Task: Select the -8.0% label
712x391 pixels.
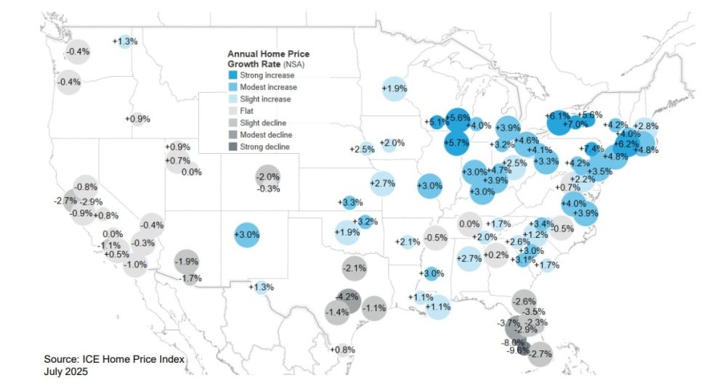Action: click(x=512, y=342)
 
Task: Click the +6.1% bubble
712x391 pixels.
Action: click(x=558, y=116)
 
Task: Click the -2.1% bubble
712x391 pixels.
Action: click(x=354, y=268)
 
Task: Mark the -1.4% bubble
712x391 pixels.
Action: click(x=337, y=313)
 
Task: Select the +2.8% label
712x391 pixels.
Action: click(x=647, y=126)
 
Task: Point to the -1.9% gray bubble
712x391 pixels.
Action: click(x=187, y=262)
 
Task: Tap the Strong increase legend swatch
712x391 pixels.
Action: click(x=233, y=75)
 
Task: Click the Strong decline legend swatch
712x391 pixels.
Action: click(x=233, y=147)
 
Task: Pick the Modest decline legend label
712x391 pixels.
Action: click(x=268, y=135)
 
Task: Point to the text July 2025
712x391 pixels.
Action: click(x=65, y=371)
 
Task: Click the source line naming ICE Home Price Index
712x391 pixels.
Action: click(x=115, y=360)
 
